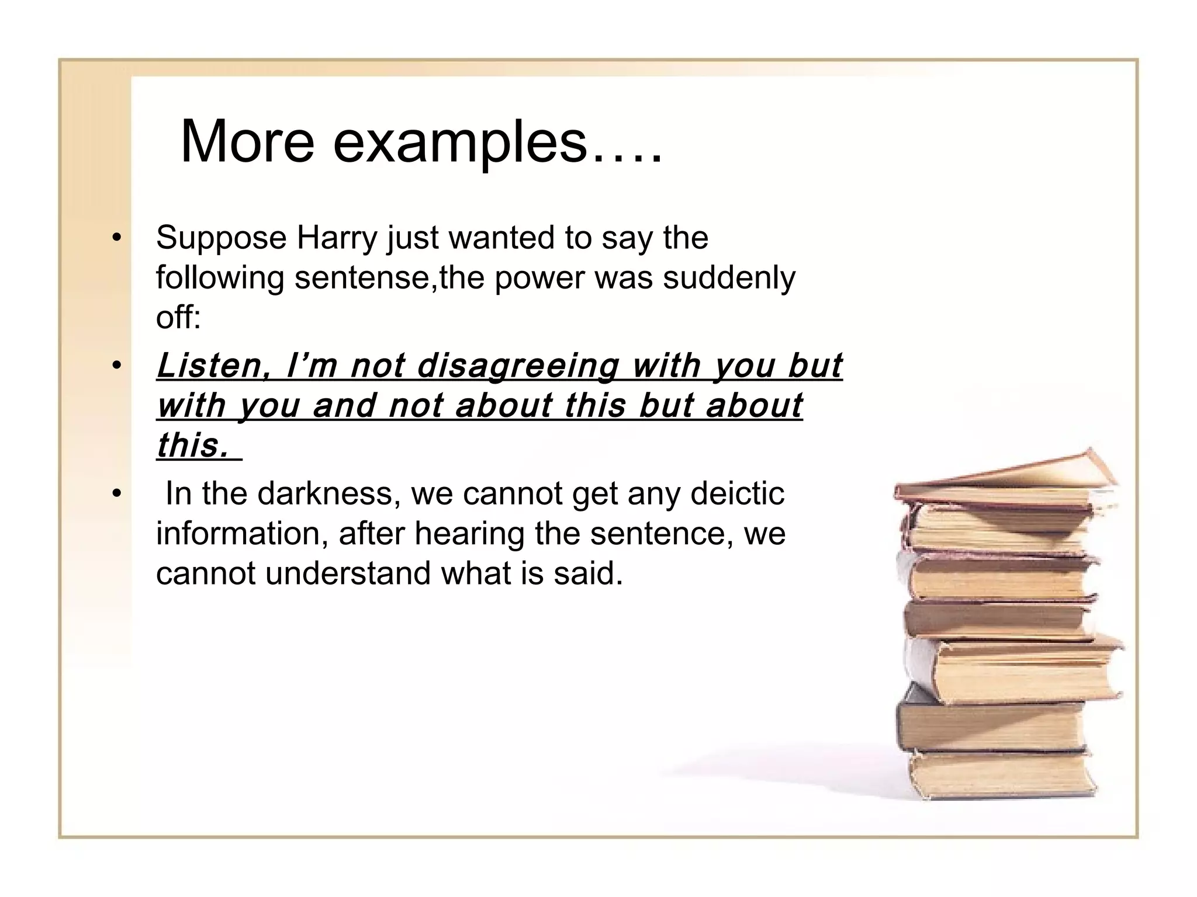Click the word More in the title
(x=247, y=142)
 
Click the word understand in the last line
(x=348, y=573)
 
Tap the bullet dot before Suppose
(x=117, y=238)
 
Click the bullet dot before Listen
(x=117, y=367)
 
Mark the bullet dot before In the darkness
(x=117, y=493)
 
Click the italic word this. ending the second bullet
(x=193, y=446)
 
